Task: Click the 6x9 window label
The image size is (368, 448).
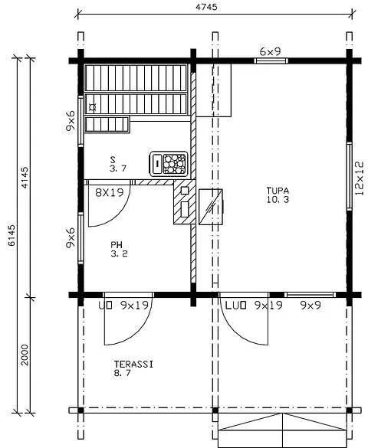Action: tap(269, 51)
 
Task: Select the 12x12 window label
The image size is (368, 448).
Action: tap(360, 178)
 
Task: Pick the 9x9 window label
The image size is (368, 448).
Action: tap(310, 306)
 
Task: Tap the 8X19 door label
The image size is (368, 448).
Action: tap(110, 193)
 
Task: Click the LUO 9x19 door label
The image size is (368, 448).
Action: tap(250, 306)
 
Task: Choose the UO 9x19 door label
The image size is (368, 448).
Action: tap(126, 306)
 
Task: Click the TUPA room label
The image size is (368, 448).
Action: tap(278, 190)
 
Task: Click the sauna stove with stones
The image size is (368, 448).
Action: tap(169, 162)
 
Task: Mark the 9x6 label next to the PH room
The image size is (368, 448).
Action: tap(71, 238)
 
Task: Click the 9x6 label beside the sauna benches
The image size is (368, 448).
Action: tap(71, 120)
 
